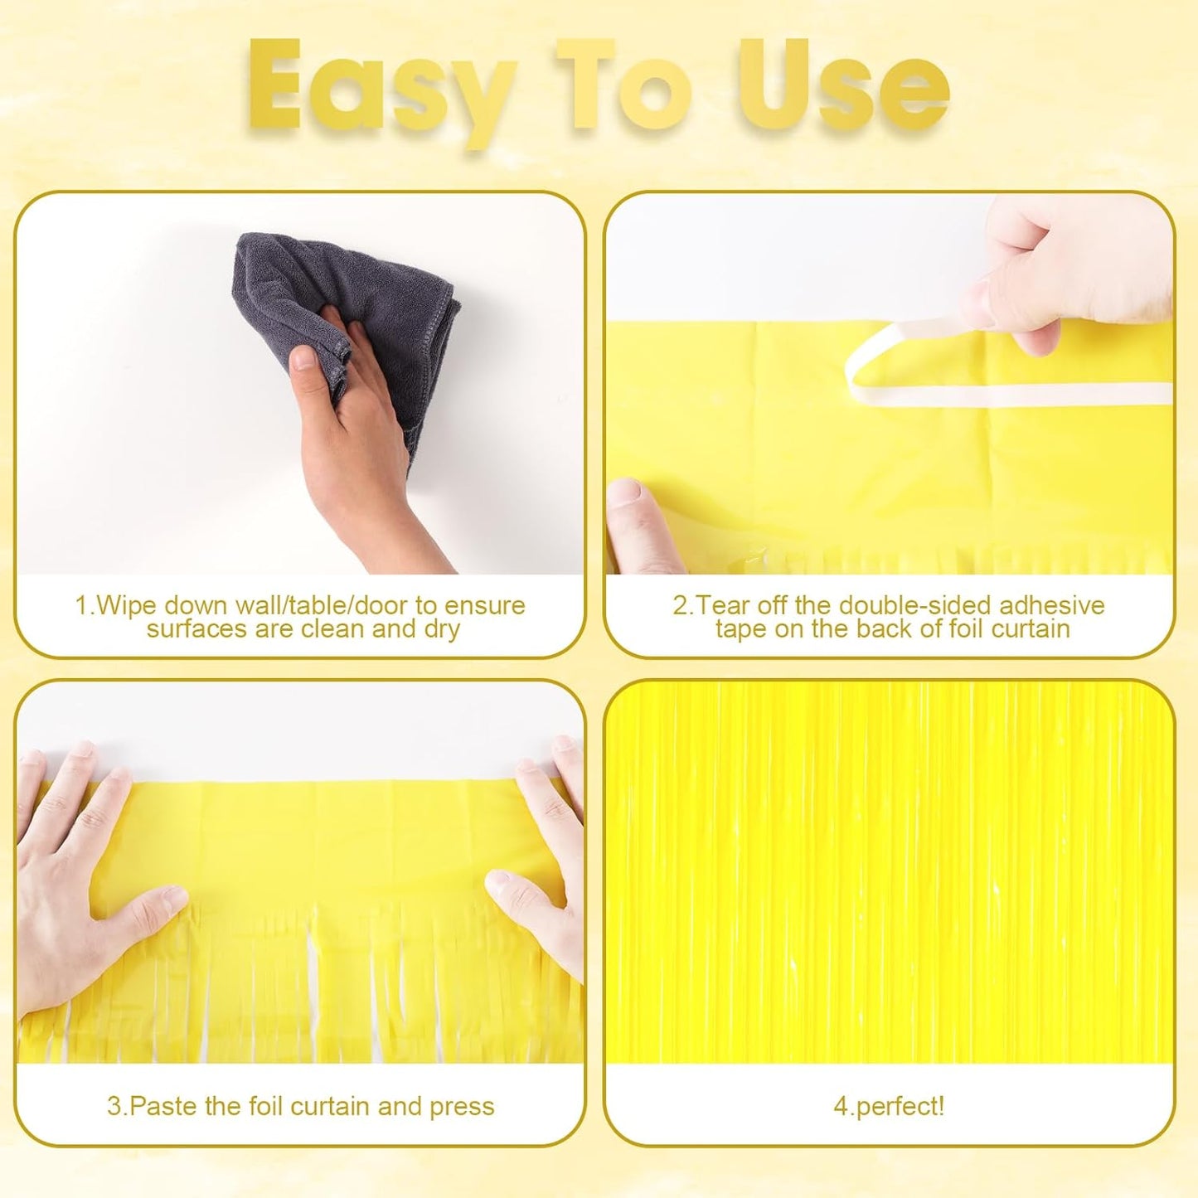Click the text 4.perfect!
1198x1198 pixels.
click(889, 1106)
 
